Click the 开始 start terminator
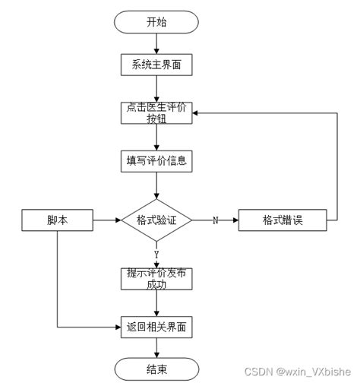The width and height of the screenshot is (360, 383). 156,22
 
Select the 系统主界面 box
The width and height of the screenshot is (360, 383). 156,65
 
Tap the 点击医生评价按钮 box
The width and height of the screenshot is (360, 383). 156,113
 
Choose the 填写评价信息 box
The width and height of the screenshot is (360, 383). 156,161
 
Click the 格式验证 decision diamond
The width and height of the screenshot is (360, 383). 156,220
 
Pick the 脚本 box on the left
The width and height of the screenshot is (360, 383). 57,220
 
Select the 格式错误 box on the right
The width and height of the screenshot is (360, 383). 283,220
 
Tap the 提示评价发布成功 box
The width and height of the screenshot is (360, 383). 156,278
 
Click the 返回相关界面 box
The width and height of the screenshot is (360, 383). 156,328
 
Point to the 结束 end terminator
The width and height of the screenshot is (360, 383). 156,369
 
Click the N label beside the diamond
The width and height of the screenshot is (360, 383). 215,220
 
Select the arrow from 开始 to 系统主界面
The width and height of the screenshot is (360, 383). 156,44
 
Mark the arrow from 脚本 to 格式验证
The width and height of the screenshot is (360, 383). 106,220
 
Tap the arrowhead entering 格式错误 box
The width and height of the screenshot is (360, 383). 235,220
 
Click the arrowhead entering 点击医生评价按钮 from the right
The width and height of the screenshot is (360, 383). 194,113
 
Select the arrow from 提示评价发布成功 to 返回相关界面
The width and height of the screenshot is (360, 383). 156,303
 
